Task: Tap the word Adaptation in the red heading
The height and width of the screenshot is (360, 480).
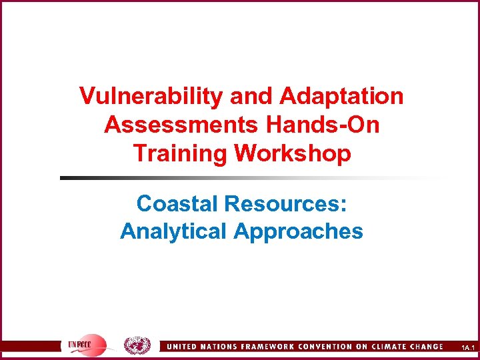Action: click(342, 96)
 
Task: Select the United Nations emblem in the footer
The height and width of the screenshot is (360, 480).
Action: click(137, 345)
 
